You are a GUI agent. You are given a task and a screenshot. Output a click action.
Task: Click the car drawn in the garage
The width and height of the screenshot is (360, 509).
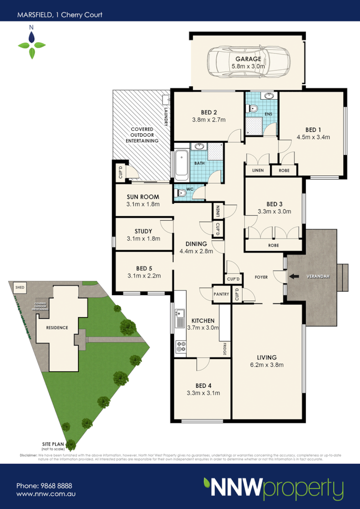click(x=247, y=62)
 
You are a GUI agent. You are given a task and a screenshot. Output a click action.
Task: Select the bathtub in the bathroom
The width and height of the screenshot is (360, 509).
click(x=181, y=164)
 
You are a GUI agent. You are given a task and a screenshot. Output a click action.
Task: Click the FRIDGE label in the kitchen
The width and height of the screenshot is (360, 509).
click(x=225, y=348)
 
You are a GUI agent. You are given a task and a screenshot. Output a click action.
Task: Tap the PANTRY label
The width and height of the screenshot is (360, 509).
click(x=221, y=294)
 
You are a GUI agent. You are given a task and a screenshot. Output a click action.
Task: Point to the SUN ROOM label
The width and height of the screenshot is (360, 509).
click(x=143, y=197)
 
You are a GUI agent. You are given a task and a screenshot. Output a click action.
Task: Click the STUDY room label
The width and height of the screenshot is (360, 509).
click(x=143, y=231)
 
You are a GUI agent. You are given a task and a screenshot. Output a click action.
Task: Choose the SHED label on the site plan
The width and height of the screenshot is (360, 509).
click(x=20, y=287)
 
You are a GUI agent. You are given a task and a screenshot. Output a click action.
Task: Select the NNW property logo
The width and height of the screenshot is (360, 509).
click(x=273, y=488)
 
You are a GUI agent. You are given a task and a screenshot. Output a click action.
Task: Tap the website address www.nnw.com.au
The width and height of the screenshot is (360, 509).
click(x=45, y=495)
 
